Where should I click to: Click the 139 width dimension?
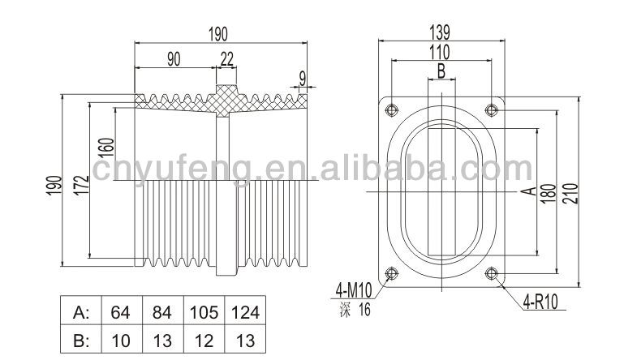coord(440,32)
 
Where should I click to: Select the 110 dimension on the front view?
coord(440,53)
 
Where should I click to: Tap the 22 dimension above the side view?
coord(227,60)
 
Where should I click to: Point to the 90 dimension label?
coord(174,60)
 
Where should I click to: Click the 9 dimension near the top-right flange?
coord(303,79)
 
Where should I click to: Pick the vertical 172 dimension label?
coord(82,185)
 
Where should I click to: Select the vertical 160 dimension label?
coord(106,148)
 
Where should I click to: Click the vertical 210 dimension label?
coord(570,193)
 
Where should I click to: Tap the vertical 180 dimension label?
coord(548,194)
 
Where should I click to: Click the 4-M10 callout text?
coord(354,289)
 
